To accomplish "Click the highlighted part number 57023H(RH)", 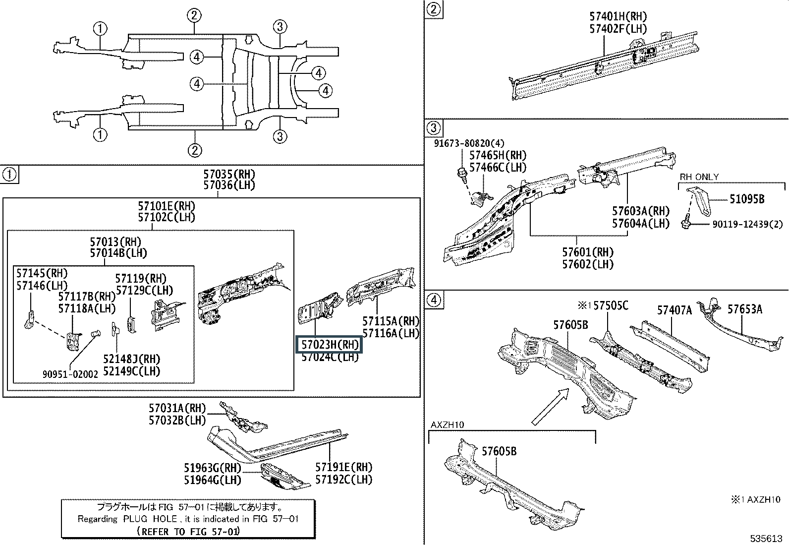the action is [330, 345].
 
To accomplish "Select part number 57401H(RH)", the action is [618, 16].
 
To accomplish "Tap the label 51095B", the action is [747, 199].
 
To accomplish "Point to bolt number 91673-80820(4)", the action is [469, 143].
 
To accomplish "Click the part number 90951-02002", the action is [70, 374].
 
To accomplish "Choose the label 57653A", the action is [744, 309].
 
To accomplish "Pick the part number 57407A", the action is [674, 310].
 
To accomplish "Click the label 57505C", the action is [611, 305].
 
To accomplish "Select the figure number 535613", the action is [766, 538].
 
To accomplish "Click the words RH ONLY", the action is [699, 177].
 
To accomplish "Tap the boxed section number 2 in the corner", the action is [434, 9].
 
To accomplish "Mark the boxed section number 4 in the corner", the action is [434, 300].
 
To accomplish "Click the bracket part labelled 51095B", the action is [699, 201].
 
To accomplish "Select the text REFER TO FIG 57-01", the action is [188, 531].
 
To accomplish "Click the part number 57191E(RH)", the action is [343, 467].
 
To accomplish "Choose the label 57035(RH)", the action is [229, 174].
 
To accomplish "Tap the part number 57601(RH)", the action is [587, 252].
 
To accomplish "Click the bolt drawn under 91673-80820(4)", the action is [462, 175].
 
